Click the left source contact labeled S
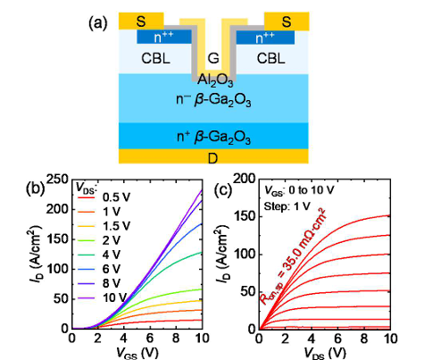pos(141,21)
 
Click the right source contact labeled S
pos(287,21)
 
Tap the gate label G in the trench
pos(213,59)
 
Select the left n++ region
pos(164,37)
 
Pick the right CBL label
pos(270,59)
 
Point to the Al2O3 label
pos(215,80)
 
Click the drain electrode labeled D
pos(213,156)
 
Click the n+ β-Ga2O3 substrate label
pos(213,138)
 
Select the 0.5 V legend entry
pos(104,197)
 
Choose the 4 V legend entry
pos(99,255)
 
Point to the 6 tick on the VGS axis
pos(150,339)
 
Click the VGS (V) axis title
pos(137,354)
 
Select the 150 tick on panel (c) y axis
pos(245,216)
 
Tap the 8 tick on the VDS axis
pos(364,339)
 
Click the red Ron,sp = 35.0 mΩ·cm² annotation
pos(293,256)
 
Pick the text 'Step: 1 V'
pos(287,206)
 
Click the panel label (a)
pos(98,23)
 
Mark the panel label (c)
pos(223,190)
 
